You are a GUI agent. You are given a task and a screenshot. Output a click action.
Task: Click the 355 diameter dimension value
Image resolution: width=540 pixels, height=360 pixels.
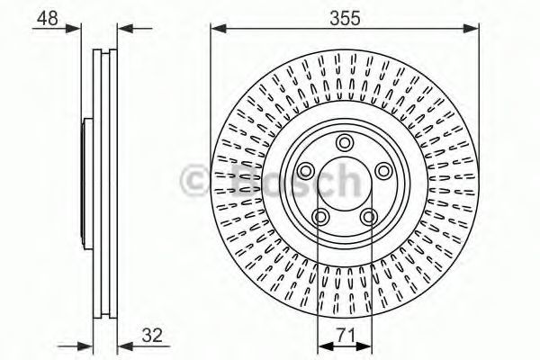tap(345, 18)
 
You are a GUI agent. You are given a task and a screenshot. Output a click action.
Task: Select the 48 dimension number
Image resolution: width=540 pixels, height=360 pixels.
tap(48, 18)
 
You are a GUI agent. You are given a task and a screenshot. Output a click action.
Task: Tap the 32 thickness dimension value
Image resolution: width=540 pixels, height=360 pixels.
tap(152, 335)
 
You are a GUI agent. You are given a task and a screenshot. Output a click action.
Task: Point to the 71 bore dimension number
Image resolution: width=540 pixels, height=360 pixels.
tap(346, 335)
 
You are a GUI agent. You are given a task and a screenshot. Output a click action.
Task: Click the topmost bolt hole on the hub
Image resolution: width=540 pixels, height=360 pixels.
tap(345, 142)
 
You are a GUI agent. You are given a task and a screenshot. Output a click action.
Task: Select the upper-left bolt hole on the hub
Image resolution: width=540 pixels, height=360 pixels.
tap(305, 171)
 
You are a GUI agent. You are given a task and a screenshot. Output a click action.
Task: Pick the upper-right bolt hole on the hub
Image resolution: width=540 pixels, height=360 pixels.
tap(383, 171)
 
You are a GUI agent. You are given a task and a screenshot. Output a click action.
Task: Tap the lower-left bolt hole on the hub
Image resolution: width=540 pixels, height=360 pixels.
tap(320, 217)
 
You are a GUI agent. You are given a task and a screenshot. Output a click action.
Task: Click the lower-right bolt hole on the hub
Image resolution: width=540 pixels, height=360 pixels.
tap(369, 217)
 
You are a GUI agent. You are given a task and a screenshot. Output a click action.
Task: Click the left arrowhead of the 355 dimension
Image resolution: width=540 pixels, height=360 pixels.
tap(218, 29)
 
